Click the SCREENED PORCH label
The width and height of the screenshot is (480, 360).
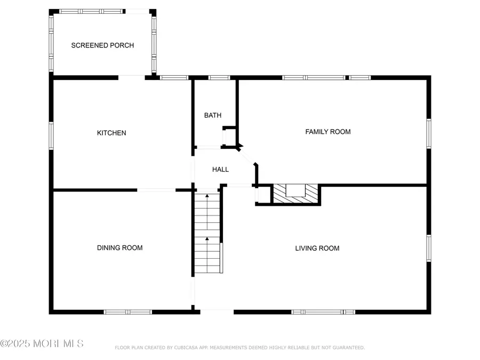coord(102,45)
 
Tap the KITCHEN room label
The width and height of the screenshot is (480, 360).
coord(111,133)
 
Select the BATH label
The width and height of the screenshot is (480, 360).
coord(212,115)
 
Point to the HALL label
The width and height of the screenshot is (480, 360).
coord(220,170)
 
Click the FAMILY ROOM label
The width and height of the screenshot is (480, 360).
coord(327,132)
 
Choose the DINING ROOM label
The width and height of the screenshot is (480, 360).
coord(119,247)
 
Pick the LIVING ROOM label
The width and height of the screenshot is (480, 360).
coord(317,248)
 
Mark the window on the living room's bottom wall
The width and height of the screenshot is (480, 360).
coord(323,312)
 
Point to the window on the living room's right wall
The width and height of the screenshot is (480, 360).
coord(429,249)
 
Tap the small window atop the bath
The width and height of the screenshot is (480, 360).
coord(219,78)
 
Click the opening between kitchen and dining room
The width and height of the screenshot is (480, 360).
coord(156,190)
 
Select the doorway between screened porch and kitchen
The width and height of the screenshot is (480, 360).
coord(131,77)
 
